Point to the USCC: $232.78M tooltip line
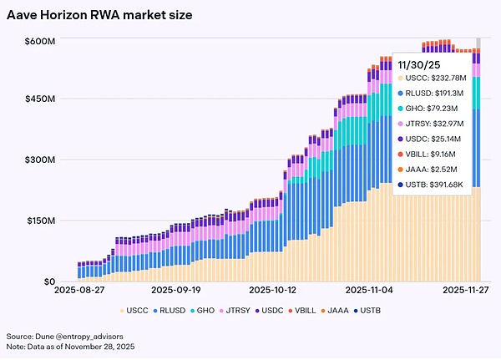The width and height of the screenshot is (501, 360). click(437, 79)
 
